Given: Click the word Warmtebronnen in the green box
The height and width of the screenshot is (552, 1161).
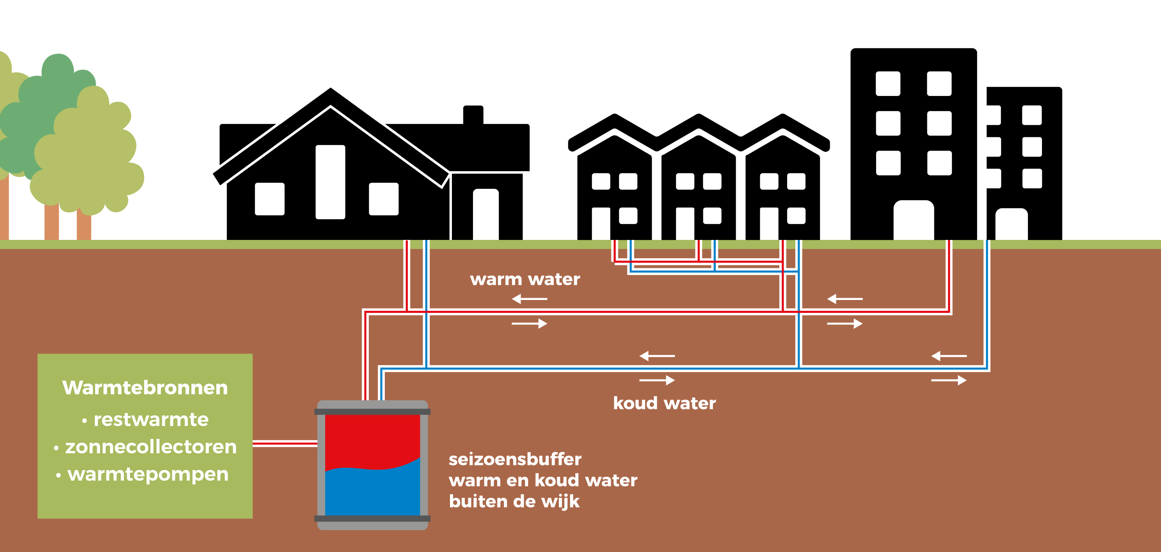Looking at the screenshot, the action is tap(145, 388).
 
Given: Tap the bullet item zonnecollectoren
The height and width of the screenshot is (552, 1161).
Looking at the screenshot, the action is tap(145, 447).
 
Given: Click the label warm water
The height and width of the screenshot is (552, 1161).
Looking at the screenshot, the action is tap(525, 279).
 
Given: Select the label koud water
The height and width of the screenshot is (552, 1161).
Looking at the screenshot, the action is tap(664, 403).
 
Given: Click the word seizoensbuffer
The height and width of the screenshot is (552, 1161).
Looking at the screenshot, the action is tap(515, 459).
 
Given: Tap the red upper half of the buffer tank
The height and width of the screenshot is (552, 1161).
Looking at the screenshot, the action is tap(372, 439).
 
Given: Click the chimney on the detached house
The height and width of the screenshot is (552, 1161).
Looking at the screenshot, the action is tap(473, 115).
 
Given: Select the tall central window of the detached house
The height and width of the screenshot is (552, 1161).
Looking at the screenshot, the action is tap(331, 182).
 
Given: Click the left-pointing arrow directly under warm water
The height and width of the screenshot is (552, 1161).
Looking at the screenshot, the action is tap(530, 299).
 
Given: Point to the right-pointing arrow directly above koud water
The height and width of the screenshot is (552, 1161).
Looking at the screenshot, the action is tap(657, 380).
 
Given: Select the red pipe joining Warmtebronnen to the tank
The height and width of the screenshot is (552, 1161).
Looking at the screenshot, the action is tap(285, 444).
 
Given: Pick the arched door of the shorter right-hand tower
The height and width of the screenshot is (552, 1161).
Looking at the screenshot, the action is tap(1012, 224).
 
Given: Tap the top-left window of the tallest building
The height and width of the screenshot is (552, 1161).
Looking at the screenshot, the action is tap(888, 83).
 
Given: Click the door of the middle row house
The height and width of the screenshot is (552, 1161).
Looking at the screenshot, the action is tap(685, 224).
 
